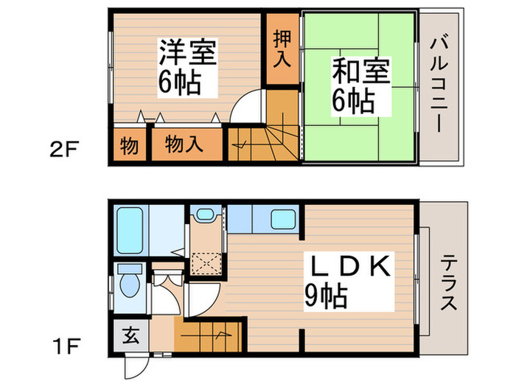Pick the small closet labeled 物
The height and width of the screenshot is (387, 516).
point(129,145)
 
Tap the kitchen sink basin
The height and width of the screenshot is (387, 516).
point(284,220)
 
